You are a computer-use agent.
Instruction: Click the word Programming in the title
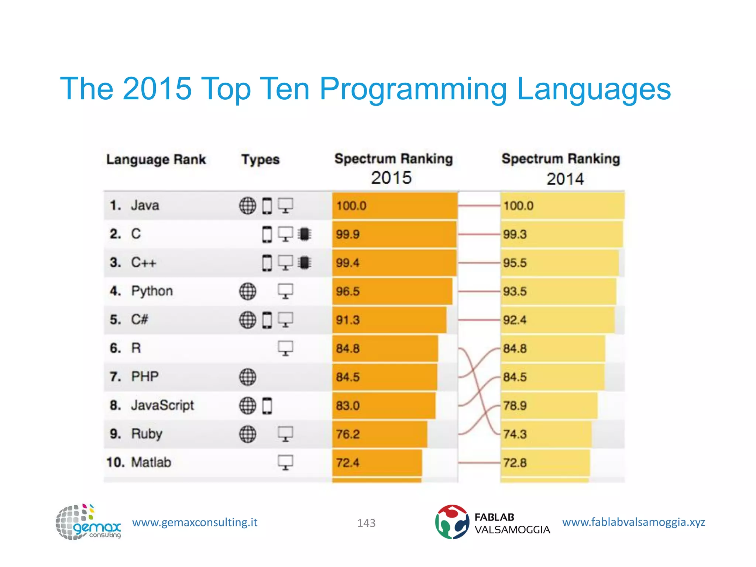click(413, 90)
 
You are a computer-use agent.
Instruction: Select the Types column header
click(260, 159)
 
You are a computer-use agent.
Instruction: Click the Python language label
click(152, 291)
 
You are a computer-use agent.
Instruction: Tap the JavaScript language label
click(162, 405)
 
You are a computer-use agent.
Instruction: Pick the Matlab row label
click(151, 462)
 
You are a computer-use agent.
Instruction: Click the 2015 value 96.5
click(347, 291)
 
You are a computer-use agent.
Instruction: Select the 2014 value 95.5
click(515, 263)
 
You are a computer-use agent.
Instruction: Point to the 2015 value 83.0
click(347, 406)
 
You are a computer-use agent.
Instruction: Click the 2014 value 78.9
click(515, 406)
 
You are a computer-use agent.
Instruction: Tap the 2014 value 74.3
click(515, 434)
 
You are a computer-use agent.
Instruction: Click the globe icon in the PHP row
click(247, 377)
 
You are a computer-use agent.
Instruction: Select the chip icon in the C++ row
click(304, 262)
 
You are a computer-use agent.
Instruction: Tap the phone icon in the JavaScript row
click(267, 406)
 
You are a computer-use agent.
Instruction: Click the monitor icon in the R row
click(285, 348)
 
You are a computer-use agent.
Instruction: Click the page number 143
click(366, 523)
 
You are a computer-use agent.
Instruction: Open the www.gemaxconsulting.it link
click(195, 522)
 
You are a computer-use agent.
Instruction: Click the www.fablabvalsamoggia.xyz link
click(633, 522)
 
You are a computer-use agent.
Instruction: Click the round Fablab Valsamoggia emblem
click(452, 522)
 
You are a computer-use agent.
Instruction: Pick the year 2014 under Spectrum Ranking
click(565, 179)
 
